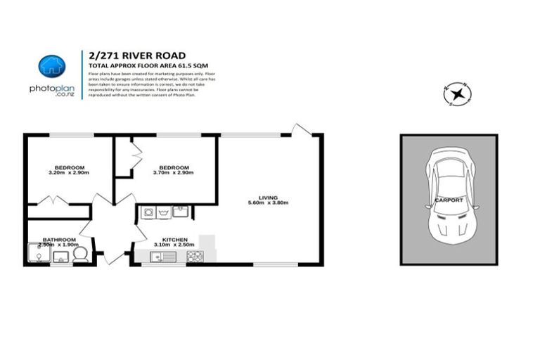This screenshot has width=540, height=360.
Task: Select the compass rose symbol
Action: coord(458,94)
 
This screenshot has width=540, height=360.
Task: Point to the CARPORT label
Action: coord(448,200)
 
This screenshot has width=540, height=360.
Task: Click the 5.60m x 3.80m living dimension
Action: coord(268,203)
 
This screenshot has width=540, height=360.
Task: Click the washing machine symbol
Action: coord(149,211)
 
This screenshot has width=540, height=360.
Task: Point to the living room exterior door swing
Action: coord(302,131)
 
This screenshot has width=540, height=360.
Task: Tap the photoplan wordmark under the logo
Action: coord(51,89)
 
